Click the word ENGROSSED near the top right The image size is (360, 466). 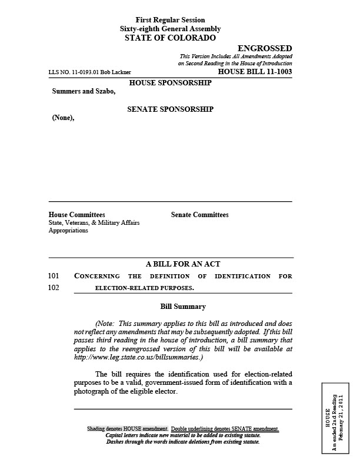click(x=264, y=48)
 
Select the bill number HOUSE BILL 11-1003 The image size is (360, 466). click(x=255, y=72)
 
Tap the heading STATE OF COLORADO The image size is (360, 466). click(x=170, y=38)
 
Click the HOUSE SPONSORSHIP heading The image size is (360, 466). click(x=170, y=83)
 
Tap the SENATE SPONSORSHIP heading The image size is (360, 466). click(x=170, y=109)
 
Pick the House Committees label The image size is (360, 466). click(x=76, y=215)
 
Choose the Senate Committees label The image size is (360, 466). click(x=199, y=215)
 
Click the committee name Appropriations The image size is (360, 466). click(x=68, y=231)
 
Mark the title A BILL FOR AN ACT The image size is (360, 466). click(x=183, y=264)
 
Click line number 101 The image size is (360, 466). click(x=54, y=276)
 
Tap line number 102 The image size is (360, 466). click(x=54, y=288)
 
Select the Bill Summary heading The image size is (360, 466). click(x=183, y=307)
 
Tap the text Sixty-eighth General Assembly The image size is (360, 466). click(x=170, y=28)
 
